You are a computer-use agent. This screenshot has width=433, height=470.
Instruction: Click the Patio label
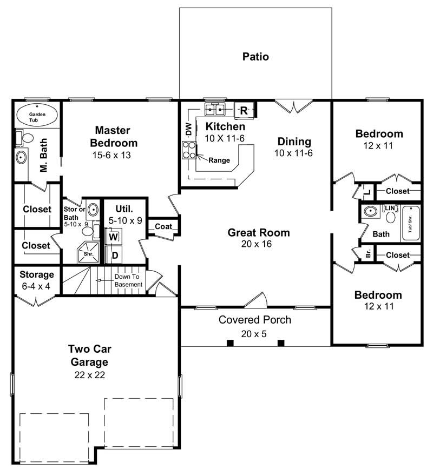click(255, 56)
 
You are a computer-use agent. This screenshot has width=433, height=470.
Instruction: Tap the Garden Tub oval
click(36, 115)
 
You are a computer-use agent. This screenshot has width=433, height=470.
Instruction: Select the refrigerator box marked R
click(244, 111)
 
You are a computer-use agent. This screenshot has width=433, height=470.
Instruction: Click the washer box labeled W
click(114, 236)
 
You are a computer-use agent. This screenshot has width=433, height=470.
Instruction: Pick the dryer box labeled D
click(115, 254)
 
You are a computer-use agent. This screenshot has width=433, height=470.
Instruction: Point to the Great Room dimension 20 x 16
click(258, 244)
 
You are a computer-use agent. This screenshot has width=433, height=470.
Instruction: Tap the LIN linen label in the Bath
click(390, 208)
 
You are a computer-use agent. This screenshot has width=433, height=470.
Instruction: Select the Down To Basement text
click(128, 281)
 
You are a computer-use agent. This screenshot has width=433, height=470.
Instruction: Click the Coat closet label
click(163, 227)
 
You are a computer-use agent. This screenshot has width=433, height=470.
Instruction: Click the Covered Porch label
click(254, 320)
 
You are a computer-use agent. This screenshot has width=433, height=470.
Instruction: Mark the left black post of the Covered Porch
click(229, 343)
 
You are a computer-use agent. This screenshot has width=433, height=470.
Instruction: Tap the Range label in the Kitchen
click(219, 160)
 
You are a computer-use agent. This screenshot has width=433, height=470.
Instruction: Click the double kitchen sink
click(215, 110)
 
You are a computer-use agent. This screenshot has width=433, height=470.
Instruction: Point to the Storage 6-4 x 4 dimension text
click(35, 285)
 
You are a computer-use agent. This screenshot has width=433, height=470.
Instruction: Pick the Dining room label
click(294, 142)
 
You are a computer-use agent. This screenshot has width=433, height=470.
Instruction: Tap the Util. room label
click(124, 208)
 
